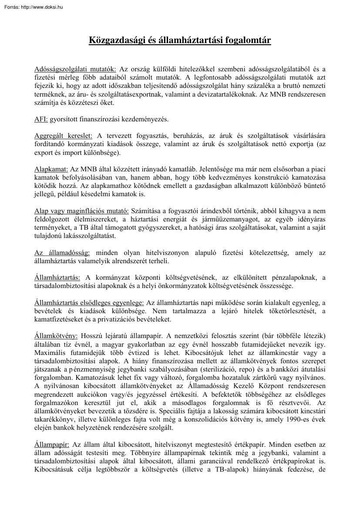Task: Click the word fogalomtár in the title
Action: (249, 40)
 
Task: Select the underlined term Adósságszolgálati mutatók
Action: (75, 69)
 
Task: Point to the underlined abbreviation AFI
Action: (41, 119)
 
